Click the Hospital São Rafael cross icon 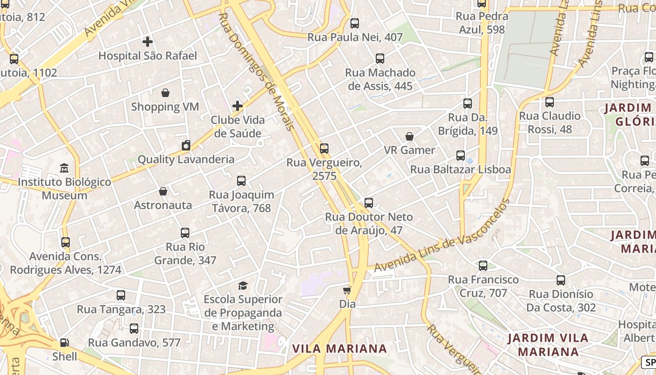(148, 42)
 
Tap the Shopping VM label (165, 107)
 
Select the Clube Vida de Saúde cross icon (238, 105)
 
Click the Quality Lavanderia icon (186, 145)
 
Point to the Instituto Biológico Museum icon (64, 168)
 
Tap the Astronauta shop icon (163, 191)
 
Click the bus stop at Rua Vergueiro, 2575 (324, 149)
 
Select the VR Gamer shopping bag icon (410, 136)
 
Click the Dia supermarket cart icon (347, 290)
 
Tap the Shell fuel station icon (65, 343)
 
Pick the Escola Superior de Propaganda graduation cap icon (243, 285)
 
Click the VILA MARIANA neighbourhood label (340, 349)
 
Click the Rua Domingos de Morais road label (257, 71)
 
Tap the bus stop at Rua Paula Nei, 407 (355, 23)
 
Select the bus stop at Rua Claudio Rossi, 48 (550, 102)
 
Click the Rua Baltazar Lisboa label (461, 170)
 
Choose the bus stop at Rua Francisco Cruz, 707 (483, 266)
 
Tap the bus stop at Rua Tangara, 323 (121, 295)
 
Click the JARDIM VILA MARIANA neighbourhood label (548, 345)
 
